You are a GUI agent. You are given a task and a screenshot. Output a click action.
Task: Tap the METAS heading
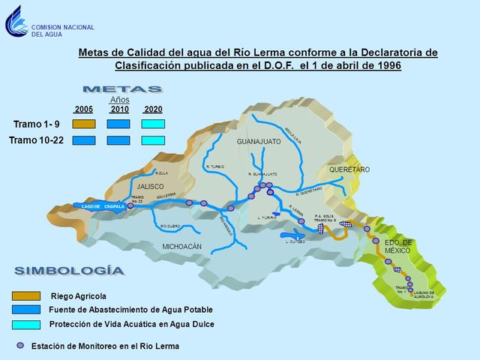(122, 89)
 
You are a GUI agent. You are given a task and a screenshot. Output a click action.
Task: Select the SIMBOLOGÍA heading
(69, 270)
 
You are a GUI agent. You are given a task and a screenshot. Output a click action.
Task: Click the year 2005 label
(84, 109)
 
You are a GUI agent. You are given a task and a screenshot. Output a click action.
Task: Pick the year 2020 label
(153, 109)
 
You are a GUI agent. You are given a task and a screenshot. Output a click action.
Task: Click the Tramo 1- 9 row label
(36, 124)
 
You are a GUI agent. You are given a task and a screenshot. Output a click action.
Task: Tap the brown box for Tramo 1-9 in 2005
(84, 124)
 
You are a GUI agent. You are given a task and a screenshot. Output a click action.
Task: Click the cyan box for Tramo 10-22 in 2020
(153, 139)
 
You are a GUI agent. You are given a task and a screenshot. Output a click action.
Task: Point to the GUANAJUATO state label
(259, 142)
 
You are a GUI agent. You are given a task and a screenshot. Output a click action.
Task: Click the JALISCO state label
(150, 186)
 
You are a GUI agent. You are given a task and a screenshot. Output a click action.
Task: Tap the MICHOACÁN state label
(183, 247)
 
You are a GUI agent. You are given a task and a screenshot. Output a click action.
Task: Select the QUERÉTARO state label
(349, 170)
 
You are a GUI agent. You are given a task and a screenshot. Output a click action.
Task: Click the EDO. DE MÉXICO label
(399, 246)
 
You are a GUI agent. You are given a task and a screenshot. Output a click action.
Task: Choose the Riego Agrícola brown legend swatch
(27, 296)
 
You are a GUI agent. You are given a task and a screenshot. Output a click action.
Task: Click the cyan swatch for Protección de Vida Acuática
(27, 324)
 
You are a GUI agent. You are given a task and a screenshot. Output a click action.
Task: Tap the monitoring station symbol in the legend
(21, 346)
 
